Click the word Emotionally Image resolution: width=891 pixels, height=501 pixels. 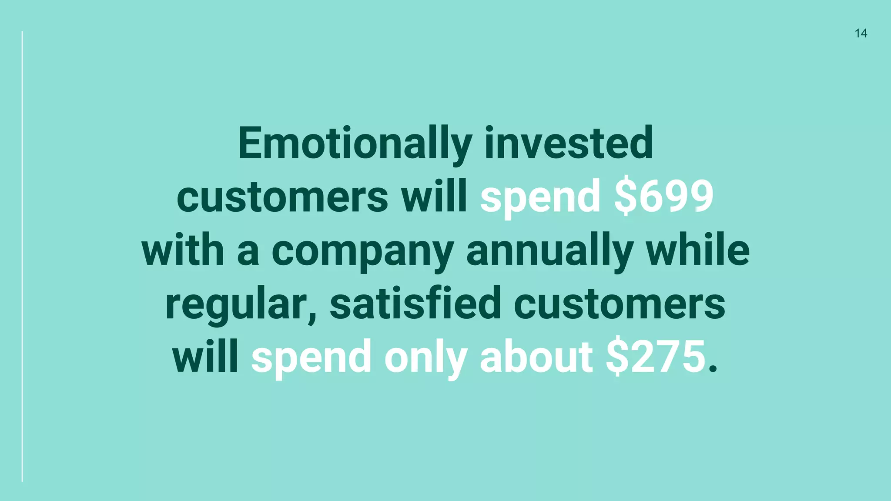pyautogui.click(x=355, y=144)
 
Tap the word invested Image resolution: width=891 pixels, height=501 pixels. pyautogui.click(x=568, y=144)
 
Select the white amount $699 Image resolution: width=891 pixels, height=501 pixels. pyautogui.click(x=663, y=197)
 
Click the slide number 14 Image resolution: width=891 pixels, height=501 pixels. pyautogui.click(x=861, y=33)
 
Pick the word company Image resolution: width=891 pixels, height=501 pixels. pyautogui.click(x=362, y=252)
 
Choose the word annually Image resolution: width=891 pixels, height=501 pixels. pyautogui.click(x=549, y=252)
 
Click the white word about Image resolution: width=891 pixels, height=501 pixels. pyautogui.click(x=536, y=357)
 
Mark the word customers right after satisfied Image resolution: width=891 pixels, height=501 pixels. pyautogui.click(x=619, y=304)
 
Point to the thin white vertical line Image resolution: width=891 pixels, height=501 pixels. pyautogui.click(x=22, y=257)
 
